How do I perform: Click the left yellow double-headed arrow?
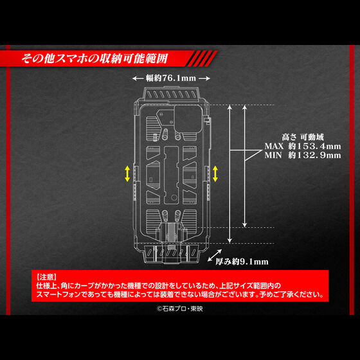point(127,172)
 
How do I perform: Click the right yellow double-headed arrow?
point(215,172)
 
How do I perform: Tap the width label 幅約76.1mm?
point(172,78)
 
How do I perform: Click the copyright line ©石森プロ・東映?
point(179,307)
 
